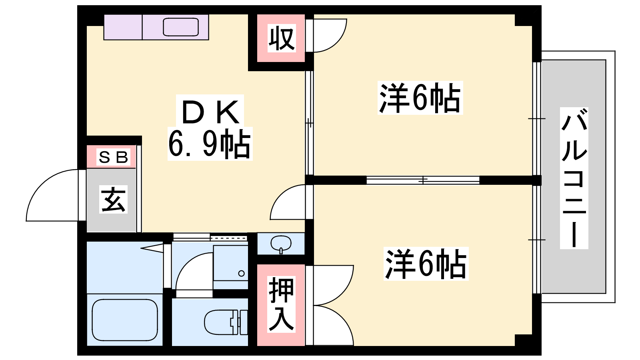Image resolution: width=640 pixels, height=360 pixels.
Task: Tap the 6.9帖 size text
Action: (210, 144)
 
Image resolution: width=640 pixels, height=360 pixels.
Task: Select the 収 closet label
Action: (282, 38)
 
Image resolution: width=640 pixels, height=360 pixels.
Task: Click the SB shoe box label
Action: (113, 157)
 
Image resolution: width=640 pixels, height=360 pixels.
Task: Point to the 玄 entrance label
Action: (113, 199)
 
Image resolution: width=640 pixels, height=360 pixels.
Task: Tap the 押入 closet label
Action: (281, 304)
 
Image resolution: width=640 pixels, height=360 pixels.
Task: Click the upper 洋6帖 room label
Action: (420, 98)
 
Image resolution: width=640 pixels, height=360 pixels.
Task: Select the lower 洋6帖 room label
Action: (426, 264)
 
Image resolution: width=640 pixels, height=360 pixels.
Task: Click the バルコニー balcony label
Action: (574, 178)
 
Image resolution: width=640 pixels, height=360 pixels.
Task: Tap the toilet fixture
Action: (226, 322)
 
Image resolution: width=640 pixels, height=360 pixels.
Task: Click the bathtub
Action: (125, 320)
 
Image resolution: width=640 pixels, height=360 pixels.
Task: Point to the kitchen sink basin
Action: (180, 27)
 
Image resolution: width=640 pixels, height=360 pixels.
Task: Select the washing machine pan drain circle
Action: (241, 274)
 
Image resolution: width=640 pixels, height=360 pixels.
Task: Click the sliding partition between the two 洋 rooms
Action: (423, 180)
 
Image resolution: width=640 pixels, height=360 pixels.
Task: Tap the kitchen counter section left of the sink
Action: (123, 27)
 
